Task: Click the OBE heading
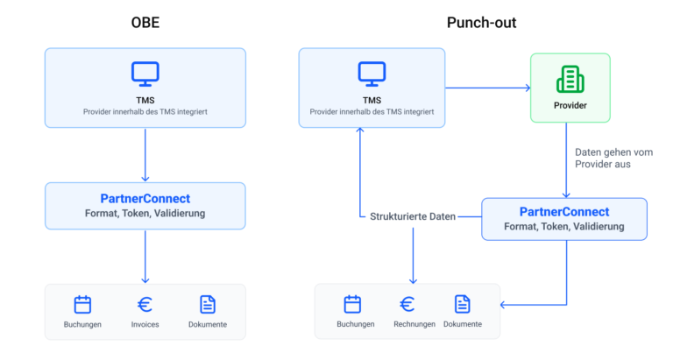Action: (x=145, y=22)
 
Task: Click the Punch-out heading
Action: (x=481, y=22)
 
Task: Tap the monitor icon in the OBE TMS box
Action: (x=145, y=74)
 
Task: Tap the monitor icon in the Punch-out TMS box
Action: (x=372, y=74)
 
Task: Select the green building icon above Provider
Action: (x=570, y=80)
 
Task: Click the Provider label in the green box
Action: (x=570, y=106)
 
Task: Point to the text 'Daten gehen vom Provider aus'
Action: (x=613, y=159)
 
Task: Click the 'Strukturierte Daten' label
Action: (x=413, y=216)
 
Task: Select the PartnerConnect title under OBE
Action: (x=145, y=199)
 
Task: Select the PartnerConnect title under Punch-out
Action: (x=564, y=212)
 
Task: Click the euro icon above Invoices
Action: (x=145, y=305)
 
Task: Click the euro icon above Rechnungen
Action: (x=407, y=304)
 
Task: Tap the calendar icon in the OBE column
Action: (x=82, y=305)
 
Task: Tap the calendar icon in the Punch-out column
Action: (x=352, y=304)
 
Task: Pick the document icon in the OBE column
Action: (x=208, y=305)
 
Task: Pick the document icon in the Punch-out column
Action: (x=463, y=304)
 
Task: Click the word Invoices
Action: (x=145, y=325)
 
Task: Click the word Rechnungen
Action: (x=414, y=324)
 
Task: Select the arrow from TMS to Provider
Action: (x=488, y=88)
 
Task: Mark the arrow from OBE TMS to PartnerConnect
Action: (x=145, y=155)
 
